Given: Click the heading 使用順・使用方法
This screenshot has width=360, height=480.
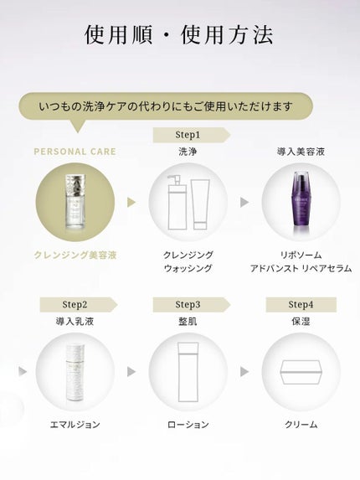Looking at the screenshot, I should pyautogui.click(x=180, y=35).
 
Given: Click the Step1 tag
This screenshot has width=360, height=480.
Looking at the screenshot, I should pyautogui.click(x=188, y=134).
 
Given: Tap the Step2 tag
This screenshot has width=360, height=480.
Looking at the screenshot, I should pyautogui.click(x=75, y=304).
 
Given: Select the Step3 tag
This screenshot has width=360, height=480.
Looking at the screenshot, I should pyautogui.click(x=188, y=304).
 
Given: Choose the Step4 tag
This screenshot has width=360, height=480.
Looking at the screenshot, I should pyautogui.click(x=301, y=304).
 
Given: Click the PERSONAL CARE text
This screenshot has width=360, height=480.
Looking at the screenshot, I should pyautogui.click(x=75, y=152).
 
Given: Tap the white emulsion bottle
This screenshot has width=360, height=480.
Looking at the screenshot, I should pyautogui.click(x=75, y=371).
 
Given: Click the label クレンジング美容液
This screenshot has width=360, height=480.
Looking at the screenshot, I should pyautogui.click(x=75, y=255).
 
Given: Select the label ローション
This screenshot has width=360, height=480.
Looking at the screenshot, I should pyautogui.click(x=188, y=425).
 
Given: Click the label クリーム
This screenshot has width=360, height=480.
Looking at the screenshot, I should pyautogui.click(x=301, y=425).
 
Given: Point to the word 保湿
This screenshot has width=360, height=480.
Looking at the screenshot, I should pyautogui.click(x=301, y=321).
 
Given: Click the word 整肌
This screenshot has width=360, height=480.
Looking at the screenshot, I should pyautogui.click(x=188, y=321).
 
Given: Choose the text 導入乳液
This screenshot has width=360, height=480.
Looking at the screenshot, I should pyautogui.click(x=75, y=321).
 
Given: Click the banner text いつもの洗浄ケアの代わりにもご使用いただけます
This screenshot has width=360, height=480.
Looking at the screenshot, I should pyautogui.click(x=166, y=106).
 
